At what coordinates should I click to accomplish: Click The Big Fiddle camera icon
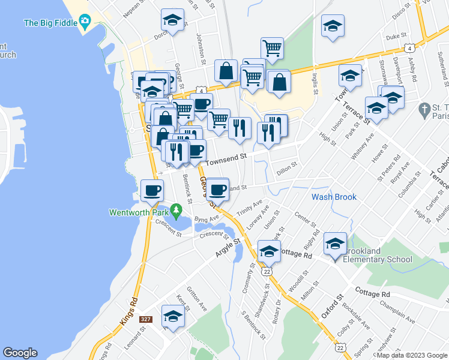(x=85, y=23)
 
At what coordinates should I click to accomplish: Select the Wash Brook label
(x=334, y=197)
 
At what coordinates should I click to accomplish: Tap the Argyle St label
(x=228, y=248)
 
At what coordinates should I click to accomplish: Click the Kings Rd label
(x=128, y=307)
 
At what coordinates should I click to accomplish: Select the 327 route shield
(x=145, y=320)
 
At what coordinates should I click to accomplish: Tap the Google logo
(x=20, y=353)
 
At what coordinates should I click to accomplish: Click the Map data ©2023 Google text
(x=412, y=355)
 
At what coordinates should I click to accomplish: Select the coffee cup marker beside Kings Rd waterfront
(x=151, y=191)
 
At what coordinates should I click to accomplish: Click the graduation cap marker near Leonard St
(x=173, y=316)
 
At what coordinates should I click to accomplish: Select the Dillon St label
(x=286, y=169)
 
